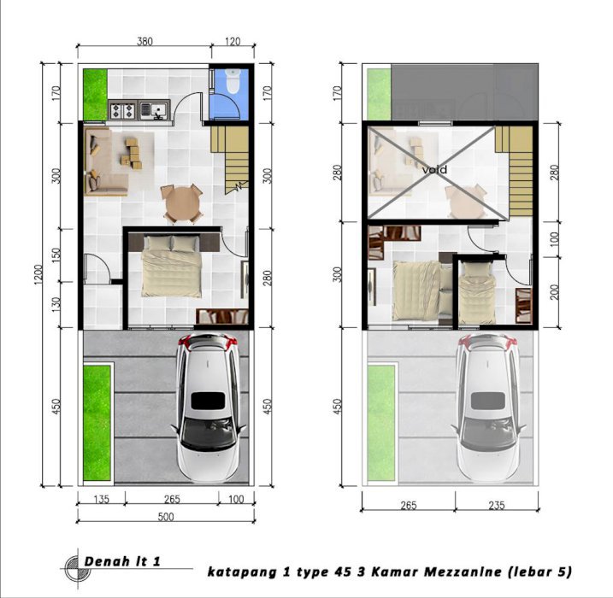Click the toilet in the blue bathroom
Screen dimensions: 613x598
point(233,81)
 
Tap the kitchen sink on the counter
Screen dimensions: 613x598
point(155,110)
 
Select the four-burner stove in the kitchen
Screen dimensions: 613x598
point(123,110)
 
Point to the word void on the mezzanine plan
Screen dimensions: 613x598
point(434,170)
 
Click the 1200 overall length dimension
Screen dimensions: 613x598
point(38,274)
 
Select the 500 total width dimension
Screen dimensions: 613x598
point(166,517)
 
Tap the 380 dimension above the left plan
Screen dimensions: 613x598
point(144,41)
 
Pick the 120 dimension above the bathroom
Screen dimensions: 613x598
point(233,41)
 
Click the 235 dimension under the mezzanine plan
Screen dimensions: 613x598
point(497,505)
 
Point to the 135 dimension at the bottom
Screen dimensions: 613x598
point(101,499)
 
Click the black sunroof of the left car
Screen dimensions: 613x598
point(208,401)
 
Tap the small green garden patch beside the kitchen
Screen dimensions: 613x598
point(95,95)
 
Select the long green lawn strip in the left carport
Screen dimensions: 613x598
point(97,423)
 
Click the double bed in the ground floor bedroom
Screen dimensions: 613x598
point(172,266)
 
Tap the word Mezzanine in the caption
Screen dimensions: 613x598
point(463,572)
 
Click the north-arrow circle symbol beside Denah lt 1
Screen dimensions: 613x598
point(78,567)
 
